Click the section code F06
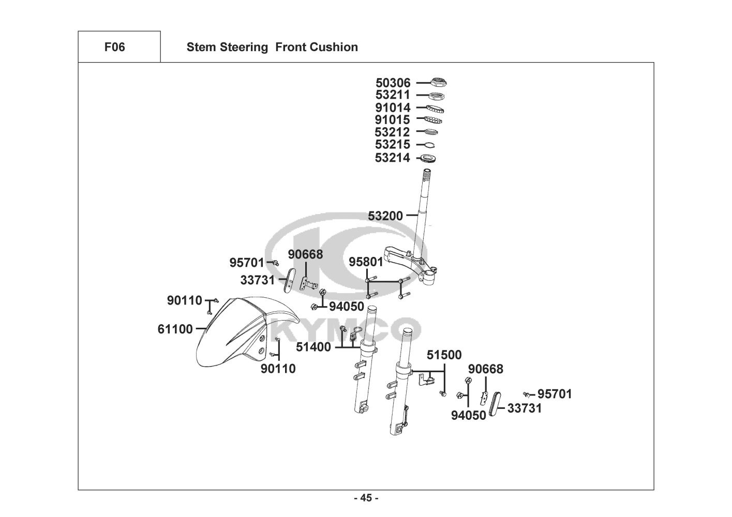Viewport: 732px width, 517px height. (x=114, y=47)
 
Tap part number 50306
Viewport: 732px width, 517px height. (x=393, y=83)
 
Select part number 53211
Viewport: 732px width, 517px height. (x=393, y=95)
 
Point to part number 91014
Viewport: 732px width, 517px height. (x=393, y=108)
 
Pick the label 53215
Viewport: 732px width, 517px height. (x=392, y=144)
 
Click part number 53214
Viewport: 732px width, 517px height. (x=392, y=158)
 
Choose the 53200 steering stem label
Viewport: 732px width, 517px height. (x=385, y=216)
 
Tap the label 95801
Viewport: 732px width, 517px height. (x=366, y=262)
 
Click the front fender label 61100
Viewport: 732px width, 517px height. (x=175, y=329)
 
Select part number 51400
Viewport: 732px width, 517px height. (x=313, y=347)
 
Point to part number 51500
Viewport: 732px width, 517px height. (x=444, y=355)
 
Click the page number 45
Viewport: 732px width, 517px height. (x=366, y=498)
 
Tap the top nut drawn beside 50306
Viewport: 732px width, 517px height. (x=439, y=82)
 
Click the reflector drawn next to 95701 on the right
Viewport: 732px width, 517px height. (x=495, y=404)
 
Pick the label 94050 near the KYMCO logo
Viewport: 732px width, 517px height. (x=347, y=307)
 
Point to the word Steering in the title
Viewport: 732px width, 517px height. (x=244, y=47)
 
